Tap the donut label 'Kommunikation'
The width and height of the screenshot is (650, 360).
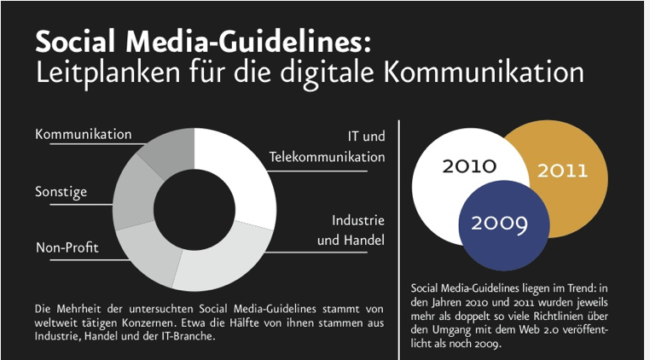[x=84, y=135]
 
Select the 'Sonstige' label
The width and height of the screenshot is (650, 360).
[x=61, y=192]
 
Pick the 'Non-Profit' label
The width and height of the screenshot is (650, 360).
[x=67, y=248]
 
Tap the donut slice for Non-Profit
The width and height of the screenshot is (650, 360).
[x=149, y=253]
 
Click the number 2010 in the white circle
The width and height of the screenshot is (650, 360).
[x=469, y=165]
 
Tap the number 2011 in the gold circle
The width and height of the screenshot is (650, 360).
[x=562, y=170]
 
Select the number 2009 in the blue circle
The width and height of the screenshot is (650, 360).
[x=499, y=224]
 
